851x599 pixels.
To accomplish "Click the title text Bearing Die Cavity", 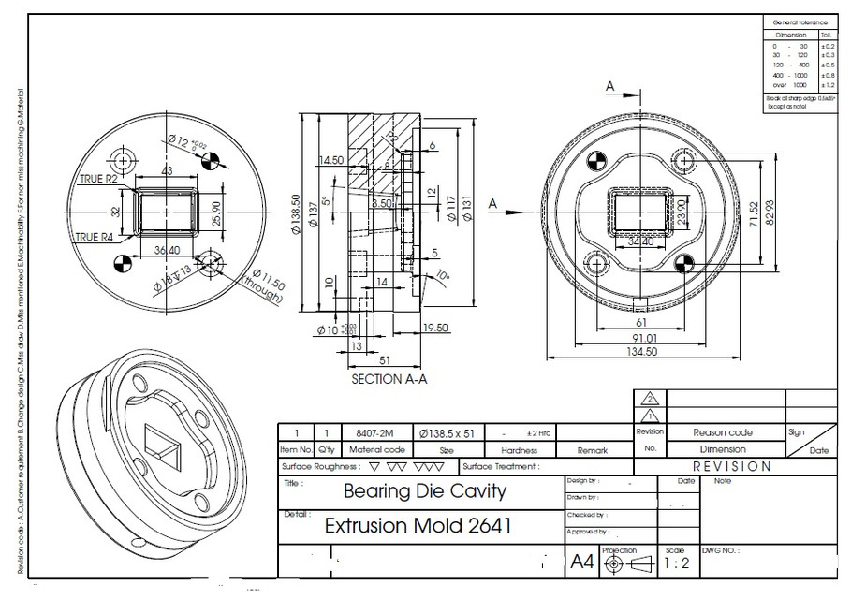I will point(424,490).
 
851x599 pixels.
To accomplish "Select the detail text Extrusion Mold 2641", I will point(418,525).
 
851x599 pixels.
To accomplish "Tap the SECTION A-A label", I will point(389,380).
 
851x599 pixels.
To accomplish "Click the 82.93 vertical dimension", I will point(768,212).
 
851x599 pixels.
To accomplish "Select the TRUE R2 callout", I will point(97,179).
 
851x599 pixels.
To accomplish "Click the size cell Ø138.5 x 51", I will point(447,434).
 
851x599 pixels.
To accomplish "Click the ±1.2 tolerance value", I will point(828,84).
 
